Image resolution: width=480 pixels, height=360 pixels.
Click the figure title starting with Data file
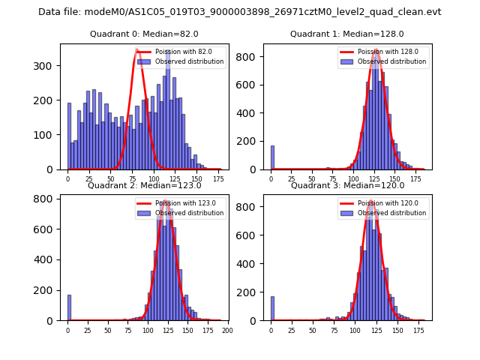[240, 12]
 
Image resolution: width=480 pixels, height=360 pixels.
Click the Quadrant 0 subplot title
[144, 34]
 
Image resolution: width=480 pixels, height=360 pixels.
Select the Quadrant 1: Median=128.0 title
[347, 34]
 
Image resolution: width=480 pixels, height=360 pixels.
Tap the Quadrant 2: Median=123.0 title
[144, 185]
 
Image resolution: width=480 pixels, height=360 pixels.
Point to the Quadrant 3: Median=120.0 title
[347, 185]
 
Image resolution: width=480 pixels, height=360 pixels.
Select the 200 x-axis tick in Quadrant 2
[227, 330]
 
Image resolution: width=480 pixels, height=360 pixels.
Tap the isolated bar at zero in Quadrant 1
[272, 157]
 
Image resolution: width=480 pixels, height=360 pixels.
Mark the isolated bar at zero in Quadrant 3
[272, 308]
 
